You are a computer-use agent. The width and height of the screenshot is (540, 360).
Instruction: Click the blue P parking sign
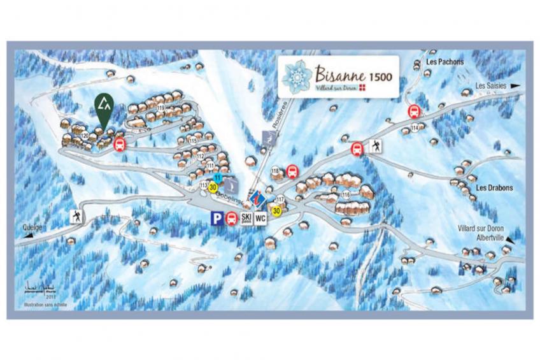[218, 219]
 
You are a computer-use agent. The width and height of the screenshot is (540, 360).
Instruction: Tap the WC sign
[260, 219]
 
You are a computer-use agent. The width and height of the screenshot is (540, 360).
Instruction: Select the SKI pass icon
[246, 219]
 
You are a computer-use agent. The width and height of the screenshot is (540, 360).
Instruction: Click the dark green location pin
[104, 109]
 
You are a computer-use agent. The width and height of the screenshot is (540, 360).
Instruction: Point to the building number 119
[160, 108]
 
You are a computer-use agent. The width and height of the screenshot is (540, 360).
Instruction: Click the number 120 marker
[85, 135]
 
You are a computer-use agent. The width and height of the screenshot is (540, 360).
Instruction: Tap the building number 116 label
[346, 194]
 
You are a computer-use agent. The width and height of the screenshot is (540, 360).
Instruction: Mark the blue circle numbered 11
[218, 176]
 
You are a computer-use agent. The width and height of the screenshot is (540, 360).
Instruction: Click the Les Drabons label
[495, 188]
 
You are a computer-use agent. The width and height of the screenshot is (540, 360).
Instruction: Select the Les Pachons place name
[445, 62]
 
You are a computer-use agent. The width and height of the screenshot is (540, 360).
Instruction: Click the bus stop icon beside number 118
[292, 171]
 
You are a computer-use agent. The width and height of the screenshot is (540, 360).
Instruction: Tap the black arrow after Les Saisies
[515, 85]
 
